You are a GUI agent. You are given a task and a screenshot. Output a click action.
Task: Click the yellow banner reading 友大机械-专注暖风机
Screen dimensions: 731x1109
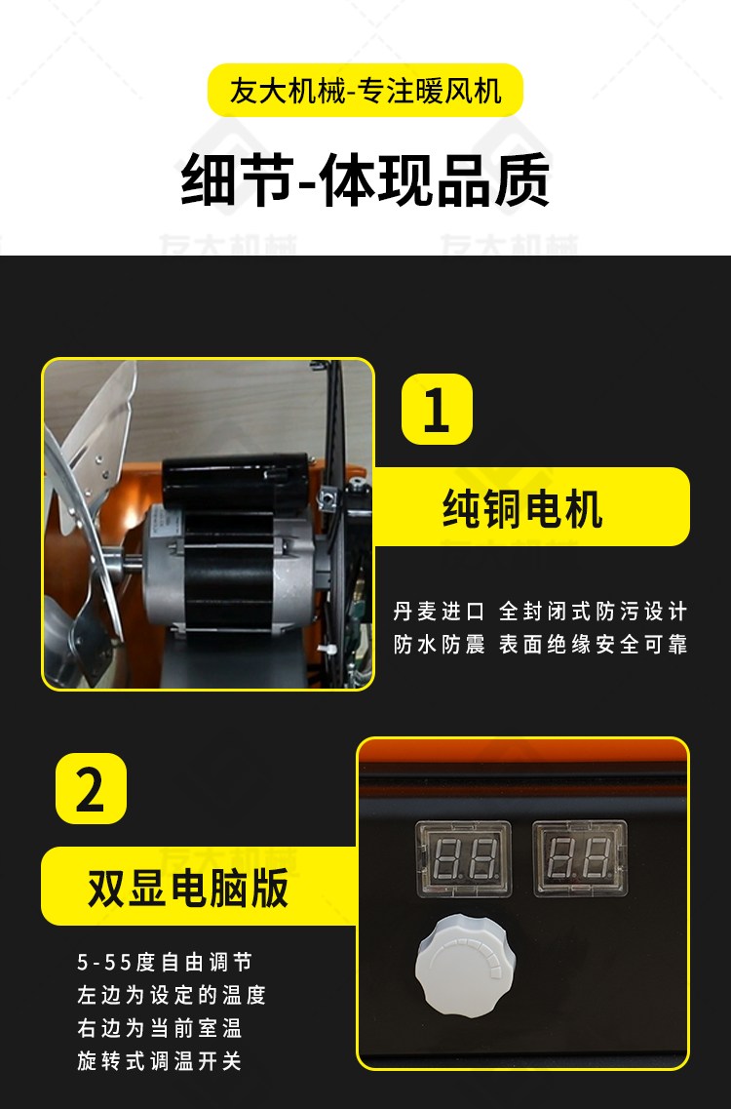pyautogui.click(x=365, y=91)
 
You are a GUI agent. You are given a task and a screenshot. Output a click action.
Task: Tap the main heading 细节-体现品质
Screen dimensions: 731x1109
pyautogui.click(x=365, y=179)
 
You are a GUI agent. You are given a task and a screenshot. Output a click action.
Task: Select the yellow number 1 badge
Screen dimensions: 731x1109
pyautogui.click(x=437, y=409)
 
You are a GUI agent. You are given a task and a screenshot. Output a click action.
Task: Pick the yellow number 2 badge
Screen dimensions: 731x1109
pyautogui.click(x=92, y=789)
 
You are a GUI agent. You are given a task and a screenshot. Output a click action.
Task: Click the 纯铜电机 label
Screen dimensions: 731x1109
pyautogui.click(x=522, y=508)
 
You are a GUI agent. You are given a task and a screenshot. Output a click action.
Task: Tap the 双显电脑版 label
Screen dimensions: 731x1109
pyautogui.click(x=188, y=888)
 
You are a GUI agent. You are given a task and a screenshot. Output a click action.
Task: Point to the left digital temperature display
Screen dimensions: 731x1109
pyautogui.click(x=464, y=858)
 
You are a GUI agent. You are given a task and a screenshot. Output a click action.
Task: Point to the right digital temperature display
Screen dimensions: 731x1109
pyautogui.click(x=580, y=858)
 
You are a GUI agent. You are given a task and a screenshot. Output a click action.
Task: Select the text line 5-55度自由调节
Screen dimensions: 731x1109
pyautogui.click(x=165, y=962)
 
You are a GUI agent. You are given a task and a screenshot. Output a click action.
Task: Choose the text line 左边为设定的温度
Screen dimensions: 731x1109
pyautogui.click(x=172, y=995)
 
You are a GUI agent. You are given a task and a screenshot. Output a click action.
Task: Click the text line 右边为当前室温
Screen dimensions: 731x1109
pyautogui.click(x=160, y=1028)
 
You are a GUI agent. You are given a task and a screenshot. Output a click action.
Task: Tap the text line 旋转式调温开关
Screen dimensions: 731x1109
pyautogui.click(x=160, y=1061)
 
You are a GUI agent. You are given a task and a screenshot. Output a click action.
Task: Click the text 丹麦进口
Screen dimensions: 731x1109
pyautogui.click(x=439, y=612)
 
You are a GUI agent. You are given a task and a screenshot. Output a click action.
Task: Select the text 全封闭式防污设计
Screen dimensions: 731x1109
pyautogui.click(x=594, y=612)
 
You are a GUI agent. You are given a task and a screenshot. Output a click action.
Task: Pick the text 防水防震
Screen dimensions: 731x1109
pyautogui.click(x=439, y=645)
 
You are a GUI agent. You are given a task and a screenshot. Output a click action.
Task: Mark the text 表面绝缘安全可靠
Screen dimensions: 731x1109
pyautogui.click(x=594, y=645)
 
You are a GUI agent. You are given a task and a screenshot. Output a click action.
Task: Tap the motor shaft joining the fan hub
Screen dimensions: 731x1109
pyautogui.click(x=133, y=566)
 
